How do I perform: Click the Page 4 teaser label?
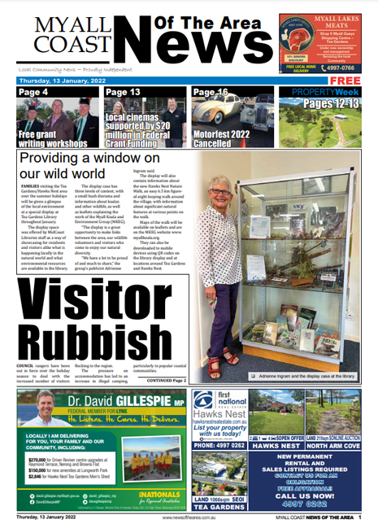(x=34, y=93)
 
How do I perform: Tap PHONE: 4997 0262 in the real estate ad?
(x=218, y=446)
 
